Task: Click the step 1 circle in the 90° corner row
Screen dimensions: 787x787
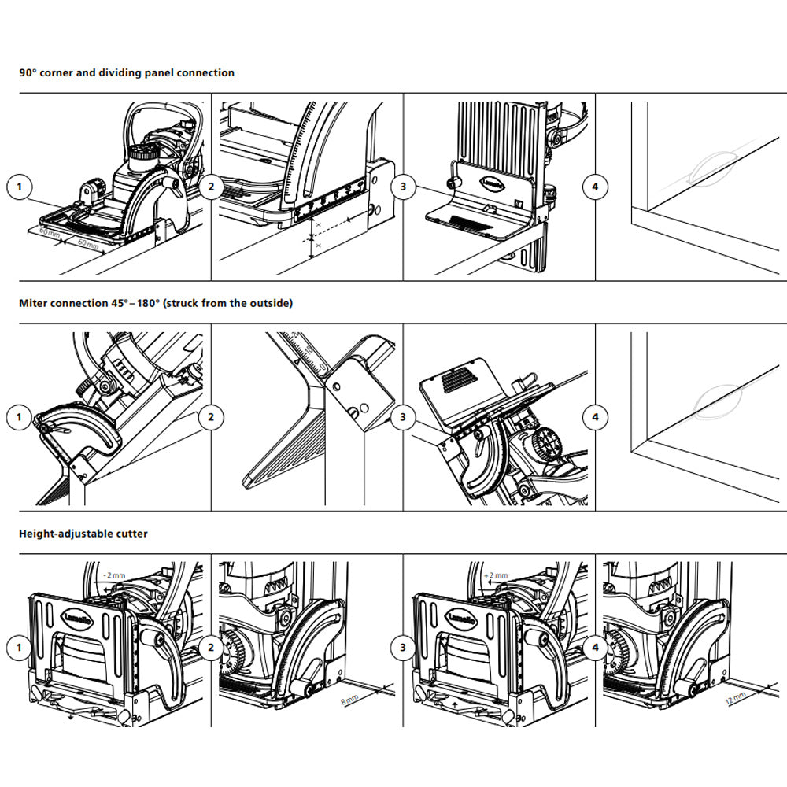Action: tap(19, 187)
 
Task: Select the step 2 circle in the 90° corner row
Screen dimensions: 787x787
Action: tap(211, 187)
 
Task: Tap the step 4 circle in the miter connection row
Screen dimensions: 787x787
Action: tap(595, 416)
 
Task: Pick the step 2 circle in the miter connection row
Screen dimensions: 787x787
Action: tap(211, 416)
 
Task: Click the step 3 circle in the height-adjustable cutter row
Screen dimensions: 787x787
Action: tap(403, 648)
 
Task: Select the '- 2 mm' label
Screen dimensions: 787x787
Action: tap(114, 575)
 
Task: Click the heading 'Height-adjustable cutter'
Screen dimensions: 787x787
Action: tap(83, 534)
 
